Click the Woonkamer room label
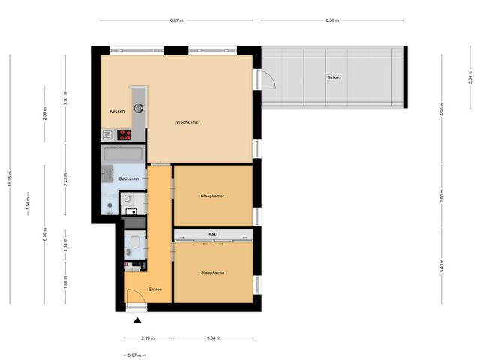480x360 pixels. click(x=188, y=122)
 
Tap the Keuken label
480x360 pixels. click(x=116, y=111)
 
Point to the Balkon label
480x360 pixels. click(x=333, y=78)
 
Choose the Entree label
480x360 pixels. click(x=155, y=289)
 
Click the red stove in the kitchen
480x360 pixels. click(x=124, y=135)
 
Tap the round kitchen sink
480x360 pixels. click(x=139, y=108)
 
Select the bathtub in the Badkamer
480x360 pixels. click(x=123, y=155)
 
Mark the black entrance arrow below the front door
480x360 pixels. click(x=136, y=321)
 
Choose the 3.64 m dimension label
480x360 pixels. click(x=214, y=338)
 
